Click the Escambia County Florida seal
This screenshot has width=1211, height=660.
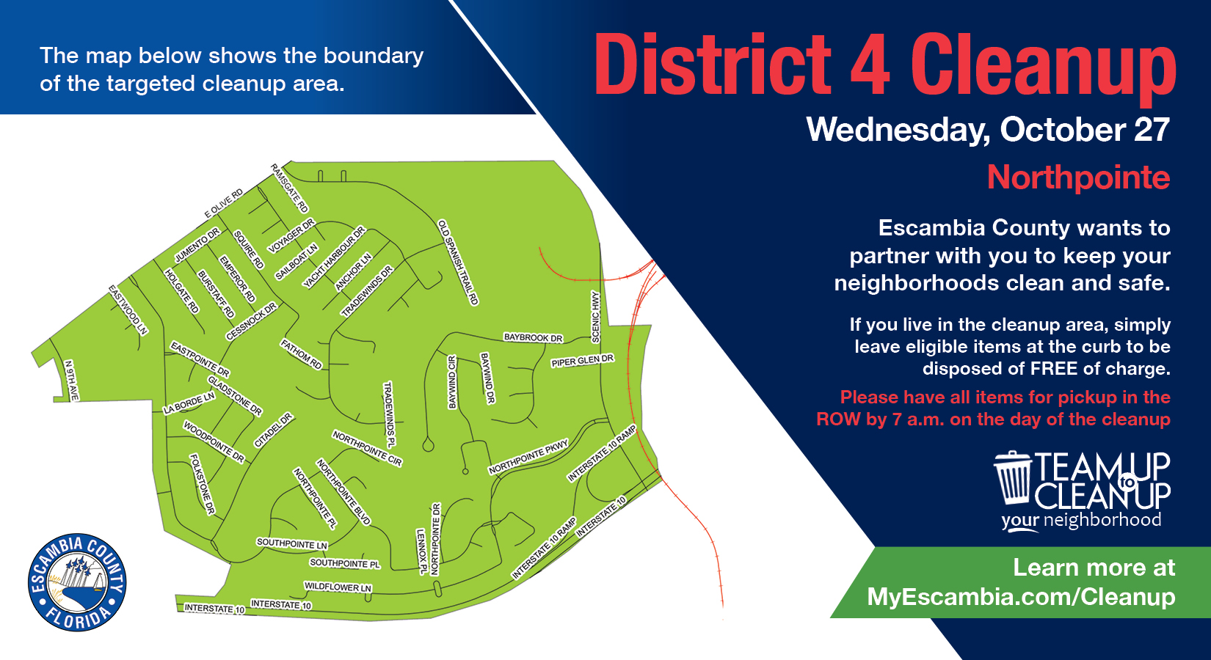click(x=77, y=582)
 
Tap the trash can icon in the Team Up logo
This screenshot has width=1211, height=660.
click(x=1014, y=477)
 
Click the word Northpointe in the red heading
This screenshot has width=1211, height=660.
click(x=1078, y=177)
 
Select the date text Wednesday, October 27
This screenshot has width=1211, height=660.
click(x=988, y=131)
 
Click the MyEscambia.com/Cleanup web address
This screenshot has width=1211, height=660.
click(x=1021, y=597)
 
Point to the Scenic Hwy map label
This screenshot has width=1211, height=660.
click(x=596, y=317)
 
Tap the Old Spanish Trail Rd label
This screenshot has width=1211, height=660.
click(x=458, y=262)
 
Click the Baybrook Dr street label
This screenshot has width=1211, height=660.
click(x=533, y=337)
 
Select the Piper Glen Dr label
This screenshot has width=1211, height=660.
click(x=582, y=361)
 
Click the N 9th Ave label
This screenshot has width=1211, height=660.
click(x=71, y=380)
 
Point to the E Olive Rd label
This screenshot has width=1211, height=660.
click(x=224, y=203)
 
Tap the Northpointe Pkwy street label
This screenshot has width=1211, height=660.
click(x=528, y=457)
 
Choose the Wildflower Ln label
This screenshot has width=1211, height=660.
click(x=338, y=587)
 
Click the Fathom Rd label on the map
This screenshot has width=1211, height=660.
click(x=302, y=354)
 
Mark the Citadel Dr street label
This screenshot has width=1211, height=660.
click(x=273, y=430)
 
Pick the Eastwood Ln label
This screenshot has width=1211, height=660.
click(x=128, y=309)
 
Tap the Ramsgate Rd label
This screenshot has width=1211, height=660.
click(x=290, y=188)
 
